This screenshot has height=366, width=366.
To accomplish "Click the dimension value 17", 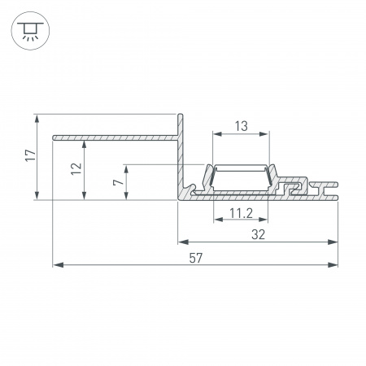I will (x=28, y=156).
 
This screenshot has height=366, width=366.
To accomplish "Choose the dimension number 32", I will (x=258, y=235).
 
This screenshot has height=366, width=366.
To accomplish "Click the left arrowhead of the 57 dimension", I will (x=56, y=265).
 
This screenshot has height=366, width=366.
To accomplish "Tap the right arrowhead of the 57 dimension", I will (x=333, y=265).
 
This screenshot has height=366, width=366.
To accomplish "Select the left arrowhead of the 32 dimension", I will (x=182, y=242).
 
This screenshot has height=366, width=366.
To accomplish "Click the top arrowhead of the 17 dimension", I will (x=37, y=117).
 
